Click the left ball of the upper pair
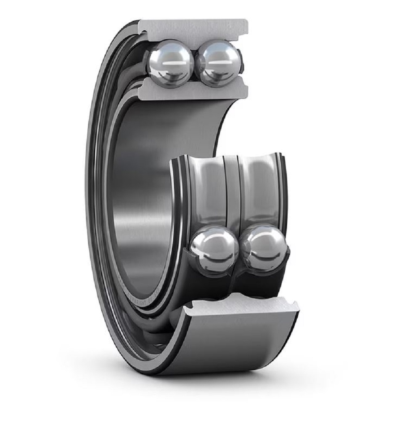(x=170, y=63)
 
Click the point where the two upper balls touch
(x=195, y=64)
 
